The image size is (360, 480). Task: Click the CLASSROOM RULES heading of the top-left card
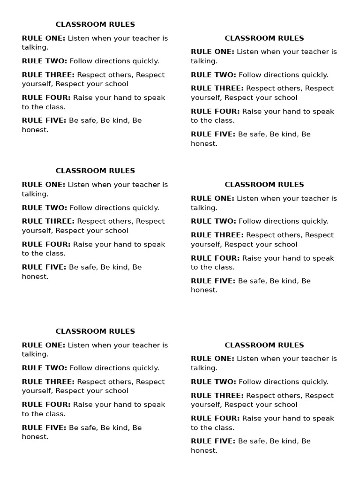95,24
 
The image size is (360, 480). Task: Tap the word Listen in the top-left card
79,38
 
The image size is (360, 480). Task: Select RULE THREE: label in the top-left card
48,75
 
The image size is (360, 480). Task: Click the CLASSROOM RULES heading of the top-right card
264,38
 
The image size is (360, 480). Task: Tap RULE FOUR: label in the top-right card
215,111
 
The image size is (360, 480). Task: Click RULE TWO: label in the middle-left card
45,208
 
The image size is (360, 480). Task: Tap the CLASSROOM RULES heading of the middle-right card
264,185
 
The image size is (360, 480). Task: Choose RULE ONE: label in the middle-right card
213,198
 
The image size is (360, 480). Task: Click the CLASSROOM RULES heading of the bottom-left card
95,331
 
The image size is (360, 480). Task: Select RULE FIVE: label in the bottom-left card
44,427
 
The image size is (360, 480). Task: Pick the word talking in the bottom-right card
203,368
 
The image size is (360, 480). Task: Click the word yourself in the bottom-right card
206,405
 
